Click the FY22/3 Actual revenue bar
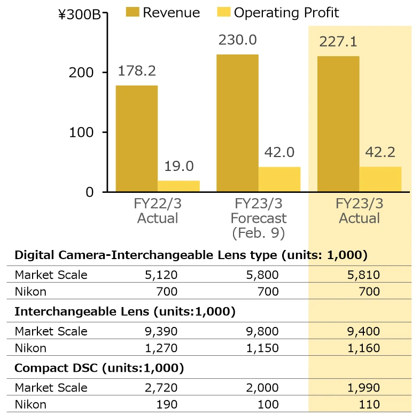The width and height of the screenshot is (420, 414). (136, 138)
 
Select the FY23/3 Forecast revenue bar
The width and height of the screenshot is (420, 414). (237, 123)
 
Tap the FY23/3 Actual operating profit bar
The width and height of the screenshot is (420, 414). (380, 179)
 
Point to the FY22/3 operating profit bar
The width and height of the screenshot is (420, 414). (178, 186)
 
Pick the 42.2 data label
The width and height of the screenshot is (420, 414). (380, 153)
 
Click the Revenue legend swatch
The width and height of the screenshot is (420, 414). (132, 12)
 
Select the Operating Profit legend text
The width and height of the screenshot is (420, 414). (286, 12)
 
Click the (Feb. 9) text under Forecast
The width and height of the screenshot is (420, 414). (259, 233)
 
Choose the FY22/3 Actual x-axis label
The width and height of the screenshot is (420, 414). (158, 211)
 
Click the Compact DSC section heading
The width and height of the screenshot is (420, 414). (99, 368)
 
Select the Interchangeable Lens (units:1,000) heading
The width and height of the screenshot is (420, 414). (125, 311)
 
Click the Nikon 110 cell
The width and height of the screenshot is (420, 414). (369, 404)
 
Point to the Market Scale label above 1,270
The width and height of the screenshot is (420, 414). (51, 331)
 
